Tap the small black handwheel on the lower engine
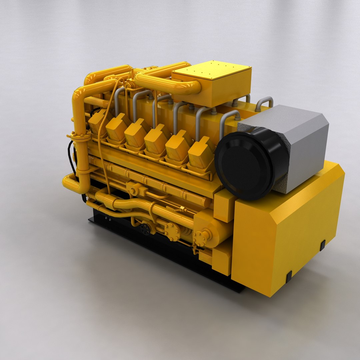pyautogui.click(x=145, y=229)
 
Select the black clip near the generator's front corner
pyautogui.click(x=289, y=276)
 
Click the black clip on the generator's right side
pyautogui.click(x=322, y=245)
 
